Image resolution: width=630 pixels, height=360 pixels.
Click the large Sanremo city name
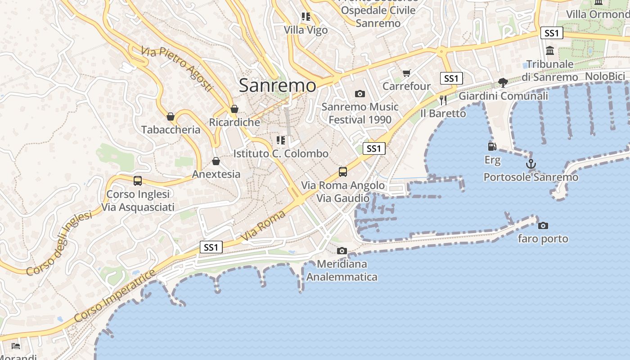[277, 85]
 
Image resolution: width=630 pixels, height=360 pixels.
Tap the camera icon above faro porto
[543, 225]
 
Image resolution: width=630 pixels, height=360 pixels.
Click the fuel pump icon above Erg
[492, 146]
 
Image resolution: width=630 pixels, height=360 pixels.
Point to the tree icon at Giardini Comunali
[503, 82]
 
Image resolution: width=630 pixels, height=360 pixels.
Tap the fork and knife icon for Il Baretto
[443, 99]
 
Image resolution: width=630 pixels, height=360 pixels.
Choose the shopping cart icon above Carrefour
[407, 73]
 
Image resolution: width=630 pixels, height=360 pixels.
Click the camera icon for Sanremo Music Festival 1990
[360, 94]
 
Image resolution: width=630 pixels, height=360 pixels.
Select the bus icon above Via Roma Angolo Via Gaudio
[343, 171]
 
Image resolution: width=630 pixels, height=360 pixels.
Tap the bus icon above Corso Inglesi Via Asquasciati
[138, 180]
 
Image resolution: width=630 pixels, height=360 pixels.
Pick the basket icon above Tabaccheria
[171, 117]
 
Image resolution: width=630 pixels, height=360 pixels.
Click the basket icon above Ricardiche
[234, 109]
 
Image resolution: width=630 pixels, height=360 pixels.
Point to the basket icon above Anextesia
[216, 161]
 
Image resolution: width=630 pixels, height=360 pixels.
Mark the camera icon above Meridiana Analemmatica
[342, 251]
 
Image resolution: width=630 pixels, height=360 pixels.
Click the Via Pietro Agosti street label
[176, 69]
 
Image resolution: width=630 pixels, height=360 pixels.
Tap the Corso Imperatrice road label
[115, 296]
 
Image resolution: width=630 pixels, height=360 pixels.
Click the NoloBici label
[605, 76]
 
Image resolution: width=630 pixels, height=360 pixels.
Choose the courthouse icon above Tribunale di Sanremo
[550, 51]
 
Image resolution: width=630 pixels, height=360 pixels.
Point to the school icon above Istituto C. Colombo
[281, 140]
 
